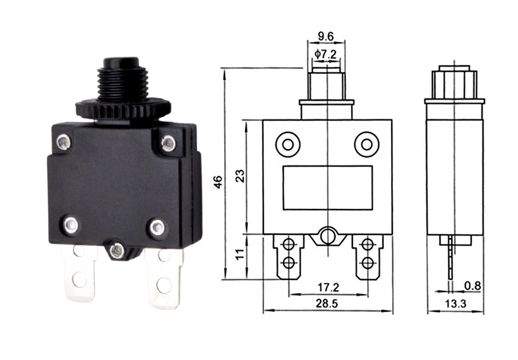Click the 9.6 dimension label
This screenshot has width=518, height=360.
pyautogui.click(x=326, y=36)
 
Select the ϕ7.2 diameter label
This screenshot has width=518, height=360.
pyautogui.click(x=326, y=54)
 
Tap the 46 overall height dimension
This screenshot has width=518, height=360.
pyautogui.click(x=218, y=182)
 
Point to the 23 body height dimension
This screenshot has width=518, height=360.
pyautogui.click(x=241, y=176)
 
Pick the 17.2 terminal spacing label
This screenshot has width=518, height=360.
pyautogui.click(x=328, y=288)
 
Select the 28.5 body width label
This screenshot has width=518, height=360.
pyautogui.click(x=326, y=303)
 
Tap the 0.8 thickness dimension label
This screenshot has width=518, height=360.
pyautogui.click(x=473, y=286)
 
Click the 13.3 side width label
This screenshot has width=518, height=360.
pyautogui.click(x=455, y=303)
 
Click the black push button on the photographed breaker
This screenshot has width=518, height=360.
pyautogui.click(x=121, y=63)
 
